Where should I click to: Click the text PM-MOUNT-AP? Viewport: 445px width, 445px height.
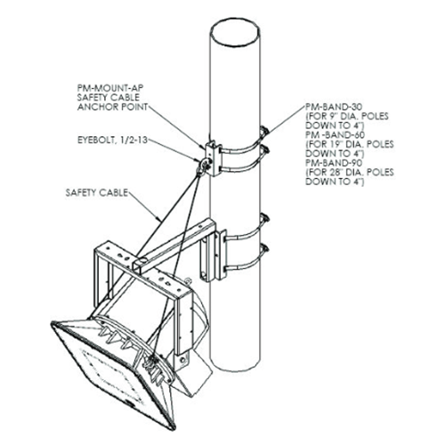point(110,88)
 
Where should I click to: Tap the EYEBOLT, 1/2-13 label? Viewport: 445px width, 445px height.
point(113,140)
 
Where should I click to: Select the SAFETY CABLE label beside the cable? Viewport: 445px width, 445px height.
point(97,192)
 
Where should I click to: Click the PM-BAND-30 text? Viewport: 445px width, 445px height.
point(334,107)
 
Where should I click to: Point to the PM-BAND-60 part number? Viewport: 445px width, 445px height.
point(335,134)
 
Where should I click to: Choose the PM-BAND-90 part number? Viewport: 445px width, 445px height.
point(334,163)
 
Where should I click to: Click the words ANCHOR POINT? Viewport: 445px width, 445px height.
point(112,107)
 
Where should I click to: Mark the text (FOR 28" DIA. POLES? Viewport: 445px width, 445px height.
point(350,173)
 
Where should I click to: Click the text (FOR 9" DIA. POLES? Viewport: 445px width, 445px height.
point(347,116)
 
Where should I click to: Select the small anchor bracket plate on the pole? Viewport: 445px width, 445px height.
point(214,158)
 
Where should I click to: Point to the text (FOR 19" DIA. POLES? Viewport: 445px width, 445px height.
point(350,144)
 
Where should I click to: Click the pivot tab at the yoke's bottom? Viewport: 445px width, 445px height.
point(182,360)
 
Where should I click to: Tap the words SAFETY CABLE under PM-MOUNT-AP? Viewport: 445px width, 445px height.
point(109,97)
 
